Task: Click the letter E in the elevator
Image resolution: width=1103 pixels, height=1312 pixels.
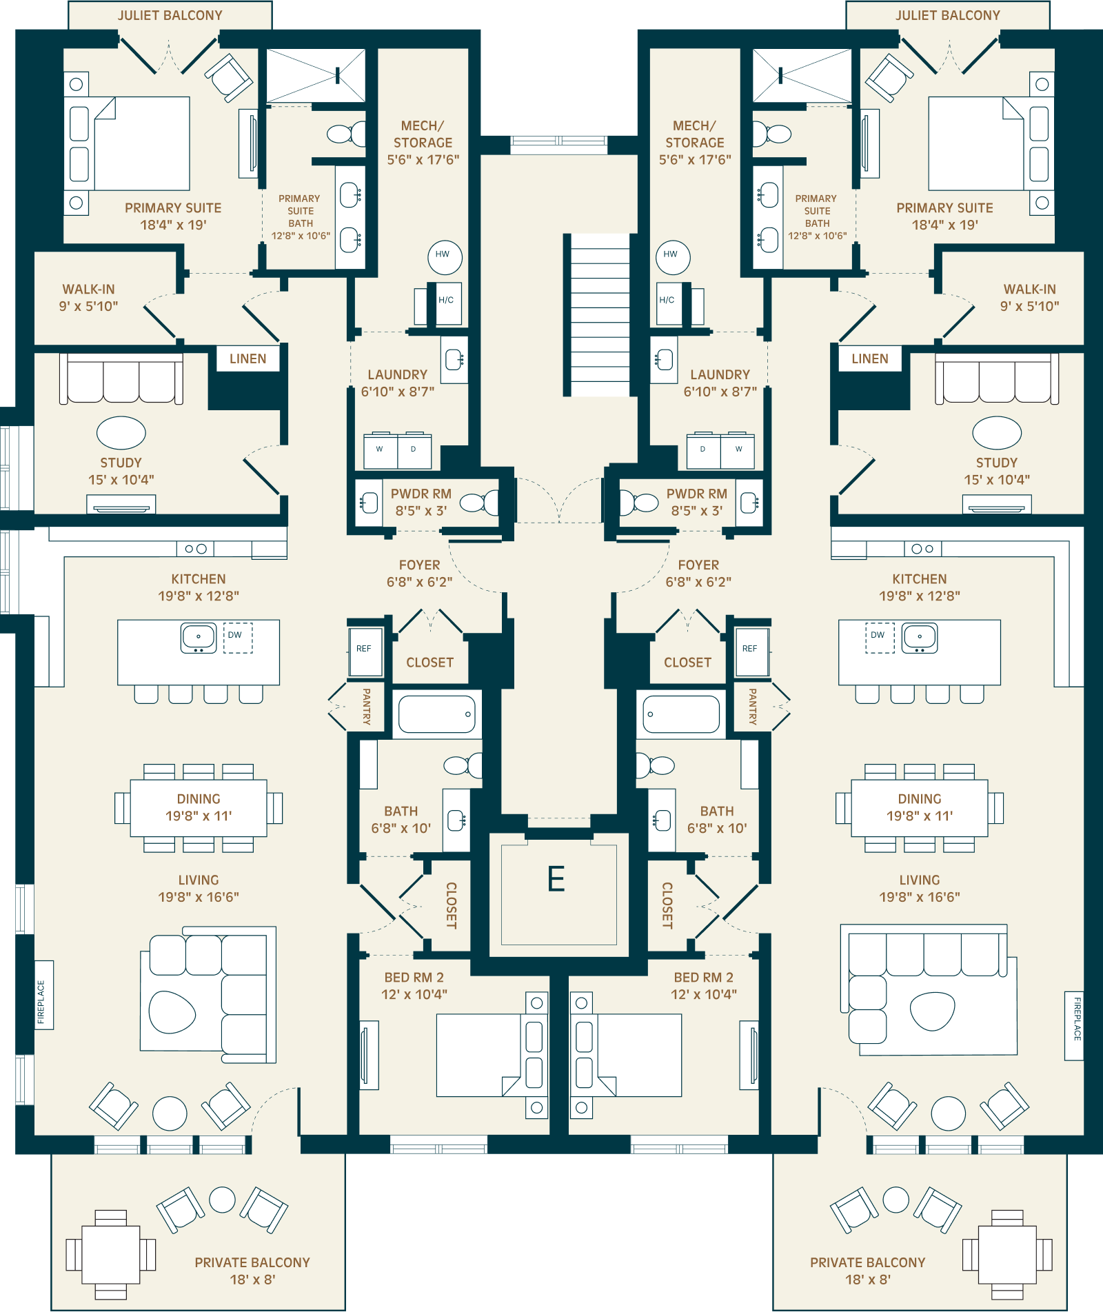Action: point(556,879)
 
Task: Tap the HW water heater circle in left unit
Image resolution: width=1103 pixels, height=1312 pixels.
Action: point(445,256)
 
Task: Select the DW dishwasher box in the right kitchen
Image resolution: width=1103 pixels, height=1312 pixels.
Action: point(880,637)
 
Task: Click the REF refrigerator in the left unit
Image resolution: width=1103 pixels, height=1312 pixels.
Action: point(365,651)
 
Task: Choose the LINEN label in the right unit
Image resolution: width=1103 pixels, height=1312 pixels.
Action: point(870,359)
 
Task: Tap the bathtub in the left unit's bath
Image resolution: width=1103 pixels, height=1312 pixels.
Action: point(437,714)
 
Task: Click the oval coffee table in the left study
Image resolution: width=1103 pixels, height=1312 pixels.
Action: point(121,433)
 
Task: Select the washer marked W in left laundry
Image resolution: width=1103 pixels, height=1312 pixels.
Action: point(381,451)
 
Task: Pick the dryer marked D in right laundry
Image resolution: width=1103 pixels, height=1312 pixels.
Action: point(703,451)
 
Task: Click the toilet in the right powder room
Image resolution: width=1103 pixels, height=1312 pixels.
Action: point(639,503)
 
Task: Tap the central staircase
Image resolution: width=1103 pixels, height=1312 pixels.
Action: point(597,315)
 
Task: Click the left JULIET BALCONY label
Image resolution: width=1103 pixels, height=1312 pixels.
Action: point(170,15)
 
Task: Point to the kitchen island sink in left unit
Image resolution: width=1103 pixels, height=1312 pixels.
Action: point(199,638)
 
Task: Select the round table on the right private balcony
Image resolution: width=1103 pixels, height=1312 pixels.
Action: point(949,1114)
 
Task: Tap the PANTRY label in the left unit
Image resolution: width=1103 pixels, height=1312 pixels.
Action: point(366,707)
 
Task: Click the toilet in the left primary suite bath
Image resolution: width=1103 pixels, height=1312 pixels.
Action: point(347,133)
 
